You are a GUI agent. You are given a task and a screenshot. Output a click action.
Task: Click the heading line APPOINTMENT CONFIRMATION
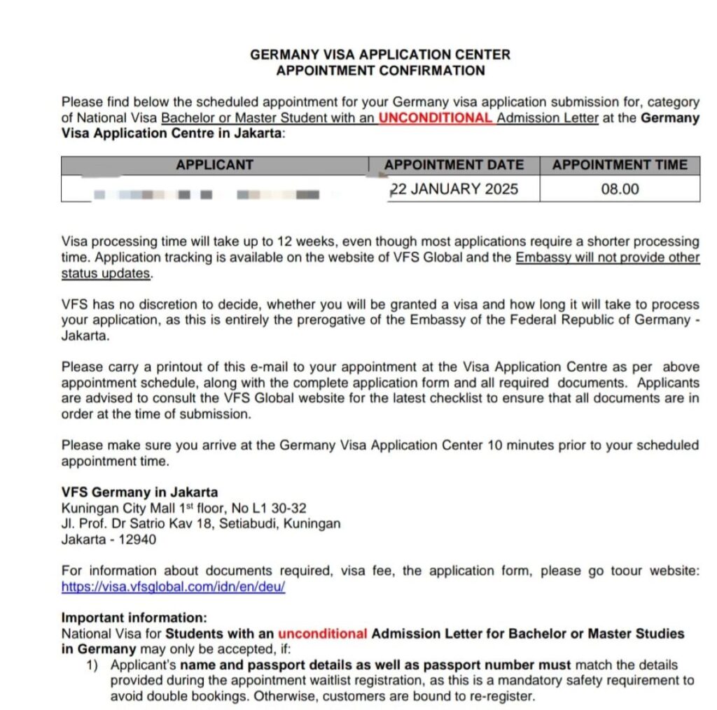[380, 71]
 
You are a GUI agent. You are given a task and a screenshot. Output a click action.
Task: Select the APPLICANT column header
[214, 166]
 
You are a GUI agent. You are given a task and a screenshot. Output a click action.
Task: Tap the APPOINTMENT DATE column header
[454, 166]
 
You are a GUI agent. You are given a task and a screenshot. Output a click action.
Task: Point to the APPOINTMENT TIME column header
[620, 166]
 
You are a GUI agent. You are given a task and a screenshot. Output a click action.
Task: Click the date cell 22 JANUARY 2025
[454, 189]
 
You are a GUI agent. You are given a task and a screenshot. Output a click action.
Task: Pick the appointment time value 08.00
[620, 189]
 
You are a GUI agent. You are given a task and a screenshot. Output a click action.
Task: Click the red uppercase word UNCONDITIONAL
[436, 118]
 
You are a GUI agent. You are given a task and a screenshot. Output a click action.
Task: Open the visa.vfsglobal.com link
[173, 587]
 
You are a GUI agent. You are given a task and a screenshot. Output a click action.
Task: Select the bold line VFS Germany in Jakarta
[139, 492]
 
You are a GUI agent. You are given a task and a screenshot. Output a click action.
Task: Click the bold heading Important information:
[134, 618]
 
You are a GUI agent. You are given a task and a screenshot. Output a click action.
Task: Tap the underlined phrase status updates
[106, 274]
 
